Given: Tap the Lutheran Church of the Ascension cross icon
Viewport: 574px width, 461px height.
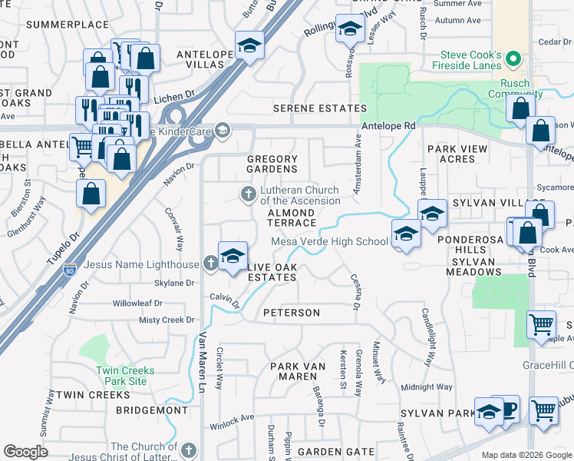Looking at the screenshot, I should click(248, 194).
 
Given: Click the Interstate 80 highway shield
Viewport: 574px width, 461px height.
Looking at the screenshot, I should click(71, 271).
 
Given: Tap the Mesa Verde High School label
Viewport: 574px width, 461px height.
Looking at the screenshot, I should click(329, 241).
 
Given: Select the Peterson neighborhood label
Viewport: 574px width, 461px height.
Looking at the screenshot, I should click(291, 313).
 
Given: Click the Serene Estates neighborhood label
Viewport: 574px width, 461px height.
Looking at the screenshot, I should click(322, 109).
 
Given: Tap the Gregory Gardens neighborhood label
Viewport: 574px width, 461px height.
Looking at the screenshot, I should click(272, 164).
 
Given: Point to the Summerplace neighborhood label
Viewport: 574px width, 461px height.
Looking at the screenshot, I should click(68, 25).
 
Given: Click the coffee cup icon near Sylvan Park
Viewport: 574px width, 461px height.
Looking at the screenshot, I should click(508, 408).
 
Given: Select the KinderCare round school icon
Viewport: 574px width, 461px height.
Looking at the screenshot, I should click(223, 129).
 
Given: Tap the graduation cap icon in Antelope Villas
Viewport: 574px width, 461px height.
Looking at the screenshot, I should click(249, 45).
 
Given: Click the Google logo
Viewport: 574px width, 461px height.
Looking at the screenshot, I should click(25, 452).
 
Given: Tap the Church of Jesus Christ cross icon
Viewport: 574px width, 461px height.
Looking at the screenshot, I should click(190, 448).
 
